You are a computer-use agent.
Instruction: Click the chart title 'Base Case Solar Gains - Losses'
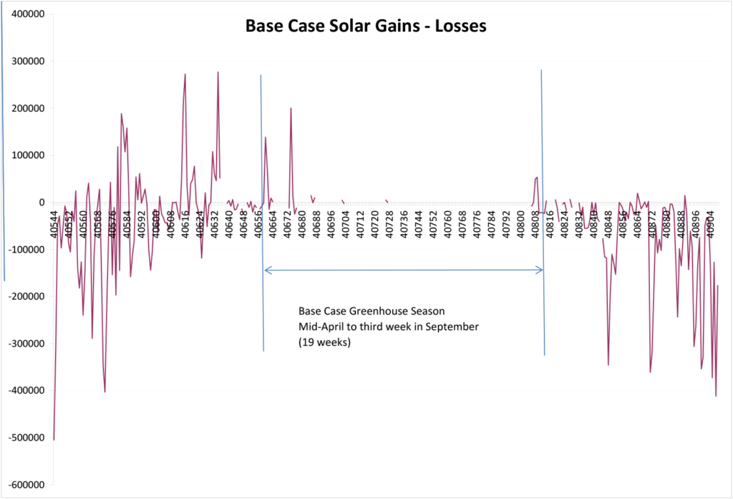pos(366,26)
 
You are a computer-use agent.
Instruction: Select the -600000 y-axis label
pos(25,485)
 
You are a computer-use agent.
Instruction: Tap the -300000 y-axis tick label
pos(25,344)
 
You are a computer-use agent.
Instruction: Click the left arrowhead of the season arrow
pos(267,270)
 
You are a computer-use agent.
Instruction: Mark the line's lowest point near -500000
pos(54,439)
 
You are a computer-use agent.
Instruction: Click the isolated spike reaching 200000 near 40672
pos(291,109)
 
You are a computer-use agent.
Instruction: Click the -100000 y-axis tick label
pos(25,250)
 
